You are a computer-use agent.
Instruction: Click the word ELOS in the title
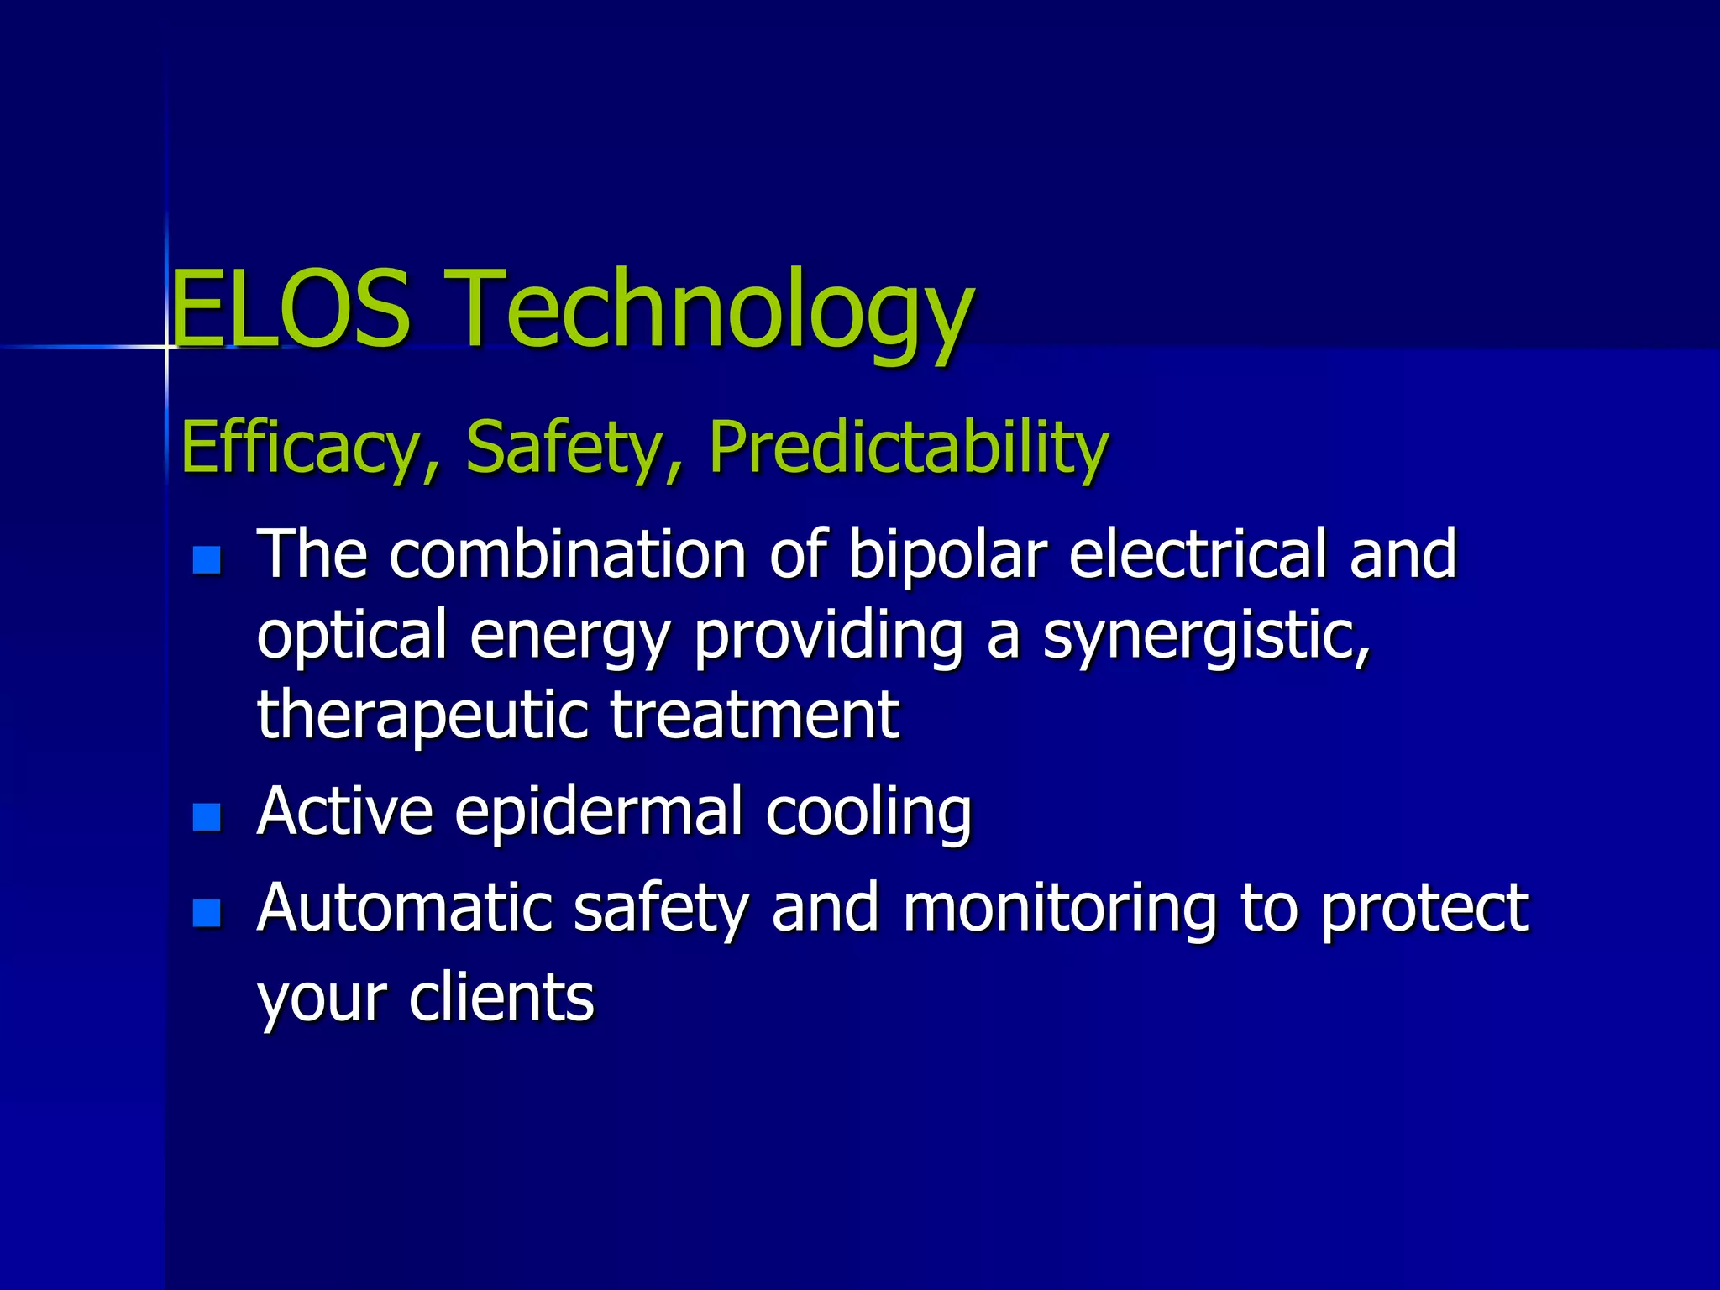[291, 309]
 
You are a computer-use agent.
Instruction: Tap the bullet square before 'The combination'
[207, 560]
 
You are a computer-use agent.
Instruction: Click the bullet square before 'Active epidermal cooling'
[207, 816]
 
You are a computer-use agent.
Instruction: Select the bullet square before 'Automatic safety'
[207, 913]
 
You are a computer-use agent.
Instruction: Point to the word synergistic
[1206, 637]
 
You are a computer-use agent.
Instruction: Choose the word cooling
[868, 813]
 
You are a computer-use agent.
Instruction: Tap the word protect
[1424, 910]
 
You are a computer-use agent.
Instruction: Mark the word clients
[501, 997]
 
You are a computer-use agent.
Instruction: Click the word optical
[351, 637]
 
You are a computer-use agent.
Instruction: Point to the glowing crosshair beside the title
[166, 346]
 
